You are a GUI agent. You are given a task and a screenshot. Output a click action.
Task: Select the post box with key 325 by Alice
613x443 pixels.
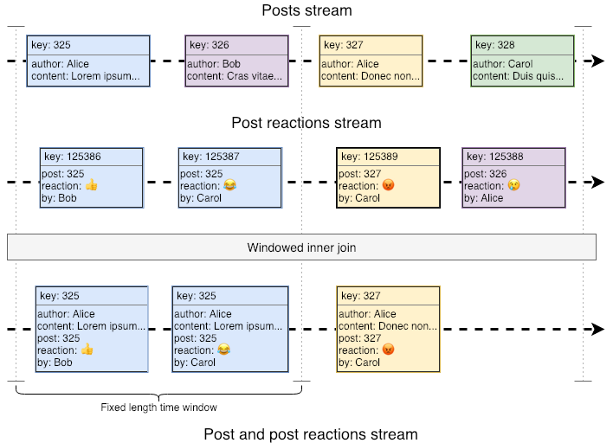coord(88,61)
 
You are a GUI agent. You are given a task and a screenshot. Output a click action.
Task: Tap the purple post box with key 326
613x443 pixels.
coord(236,61)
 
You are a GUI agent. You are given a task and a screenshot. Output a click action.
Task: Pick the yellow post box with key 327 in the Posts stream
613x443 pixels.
coord(371,61)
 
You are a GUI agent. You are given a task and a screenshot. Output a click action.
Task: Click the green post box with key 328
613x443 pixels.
coord(522,61)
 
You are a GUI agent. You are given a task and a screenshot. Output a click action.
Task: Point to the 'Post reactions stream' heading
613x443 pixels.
coord(306,124)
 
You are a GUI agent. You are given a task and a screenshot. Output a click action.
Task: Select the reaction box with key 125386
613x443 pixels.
coord(91,177)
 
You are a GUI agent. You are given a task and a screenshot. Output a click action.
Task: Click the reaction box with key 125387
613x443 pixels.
coord(230,177)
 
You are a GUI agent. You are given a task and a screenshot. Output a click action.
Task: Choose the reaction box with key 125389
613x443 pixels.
coord(388,177)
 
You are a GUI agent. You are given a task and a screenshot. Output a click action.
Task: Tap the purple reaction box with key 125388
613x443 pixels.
coord(513,177)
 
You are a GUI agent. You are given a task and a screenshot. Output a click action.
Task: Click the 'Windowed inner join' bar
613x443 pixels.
coord(301,247)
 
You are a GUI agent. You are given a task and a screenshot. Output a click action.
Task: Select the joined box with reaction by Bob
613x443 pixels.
coord(91,330)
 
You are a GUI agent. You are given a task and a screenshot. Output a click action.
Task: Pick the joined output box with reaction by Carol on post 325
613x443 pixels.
coord(229,330)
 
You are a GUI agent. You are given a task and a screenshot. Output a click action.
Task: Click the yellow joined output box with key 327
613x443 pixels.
coord(388,330)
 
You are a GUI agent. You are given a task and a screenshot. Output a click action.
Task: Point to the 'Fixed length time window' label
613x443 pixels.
coord(158,408)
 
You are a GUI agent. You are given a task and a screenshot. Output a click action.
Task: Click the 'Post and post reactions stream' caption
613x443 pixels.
coord(310,434)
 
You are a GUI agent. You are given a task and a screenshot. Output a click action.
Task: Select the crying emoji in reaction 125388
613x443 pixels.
coord(513,186)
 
